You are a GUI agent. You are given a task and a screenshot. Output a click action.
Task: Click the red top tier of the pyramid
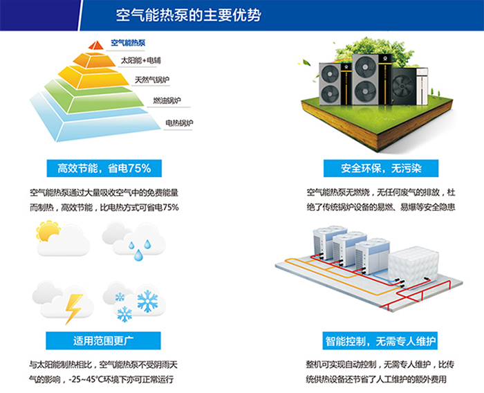click(96, 46)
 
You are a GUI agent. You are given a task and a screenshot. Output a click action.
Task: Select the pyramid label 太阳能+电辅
click(141, 60)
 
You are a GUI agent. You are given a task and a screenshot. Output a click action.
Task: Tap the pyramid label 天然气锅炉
click(152, 80)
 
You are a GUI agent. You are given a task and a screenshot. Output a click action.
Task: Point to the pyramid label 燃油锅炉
click(167, 100)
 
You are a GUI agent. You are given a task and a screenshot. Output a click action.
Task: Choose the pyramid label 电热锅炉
click(179, 123)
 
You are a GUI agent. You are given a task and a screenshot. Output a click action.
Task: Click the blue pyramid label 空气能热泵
click(128, 43)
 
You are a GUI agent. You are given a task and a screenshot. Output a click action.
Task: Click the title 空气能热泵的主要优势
click(188, 15)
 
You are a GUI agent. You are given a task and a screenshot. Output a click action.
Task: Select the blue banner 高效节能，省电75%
click(104, 168)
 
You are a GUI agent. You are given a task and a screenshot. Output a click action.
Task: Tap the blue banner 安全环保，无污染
click(381, 168)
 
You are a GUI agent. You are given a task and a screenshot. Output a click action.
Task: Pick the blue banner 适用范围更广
click(103, 341)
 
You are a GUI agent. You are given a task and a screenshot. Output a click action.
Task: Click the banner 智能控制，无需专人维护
click(380, 341)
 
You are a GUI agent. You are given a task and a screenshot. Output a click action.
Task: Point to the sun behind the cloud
click(48, 230)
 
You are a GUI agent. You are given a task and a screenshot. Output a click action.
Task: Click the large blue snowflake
click(147, 301)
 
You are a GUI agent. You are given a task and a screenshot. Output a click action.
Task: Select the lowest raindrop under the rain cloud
click(138, 255)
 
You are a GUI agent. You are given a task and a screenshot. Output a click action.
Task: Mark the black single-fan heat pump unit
click(404, 86)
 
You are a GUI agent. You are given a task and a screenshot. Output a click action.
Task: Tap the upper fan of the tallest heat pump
click(366, 67)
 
